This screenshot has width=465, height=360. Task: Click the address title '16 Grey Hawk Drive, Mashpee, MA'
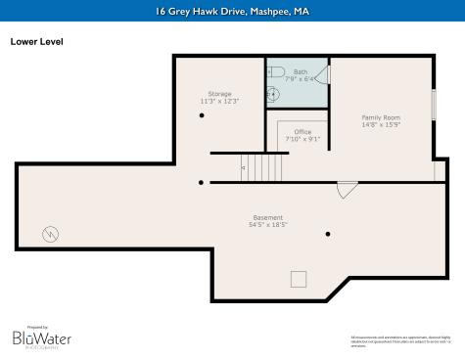tap(232, 12)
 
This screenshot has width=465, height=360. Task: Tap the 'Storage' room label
tap(219, 93)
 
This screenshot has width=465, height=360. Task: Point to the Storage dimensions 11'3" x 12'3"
tap(219, 101)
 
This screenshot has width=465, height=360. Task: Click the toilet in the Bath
tap(275, 72)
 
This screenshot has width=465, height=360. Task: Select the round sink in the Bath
tap(275, 95)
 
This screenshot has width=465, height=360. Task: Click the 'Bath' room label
tap(299, 70)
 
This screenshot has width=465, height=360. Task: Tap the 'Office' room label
tap(302, 131)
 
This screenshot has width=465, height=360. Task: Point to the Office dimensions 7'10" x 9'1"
tap(302, 139)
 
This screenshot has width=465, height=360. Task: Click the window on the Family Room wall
tap(434, 105)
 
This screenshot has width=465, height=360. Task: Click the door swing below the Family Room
tap(347, 190)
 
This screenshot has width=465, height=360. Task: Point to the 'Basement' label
tap(267, 217)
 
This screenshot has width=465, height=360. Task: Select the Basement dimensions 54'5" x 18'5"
tap(267, 225)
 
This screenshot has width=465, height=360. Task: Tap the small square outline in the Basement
tap(298, 279)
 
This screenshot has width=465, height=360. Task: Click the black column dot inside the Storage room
tap(202, 115)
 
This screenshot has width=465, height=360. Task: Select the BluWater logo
tap(41, 337)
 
